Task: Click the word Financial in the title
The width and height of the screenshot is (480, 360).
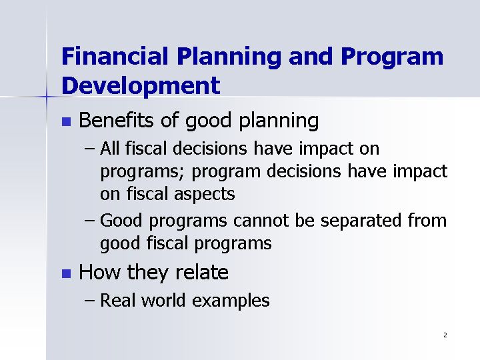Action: click(115, 56)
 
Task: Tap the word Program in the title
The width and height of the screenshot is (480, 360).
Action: click(392, 57)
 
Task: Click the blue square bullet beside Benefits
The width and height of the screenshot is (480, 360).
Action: click(67, 121)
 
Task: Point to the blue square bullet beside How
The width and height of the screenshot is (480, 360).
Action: click(67, 273)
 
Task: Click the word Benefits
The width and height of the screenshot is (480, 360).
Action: click(116, 120)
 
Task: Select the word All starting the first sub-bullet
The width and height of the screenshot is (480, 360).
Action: click(109, 148)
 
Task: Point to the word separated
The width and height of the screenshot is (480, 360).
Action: click(361, 221)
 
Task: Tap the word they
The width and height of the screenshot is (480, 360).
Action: click(147, 273)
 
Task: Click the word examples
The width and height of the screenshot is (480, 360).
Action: click(231, 301)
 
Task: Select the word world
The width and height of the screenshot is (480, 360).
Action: click(163, 300)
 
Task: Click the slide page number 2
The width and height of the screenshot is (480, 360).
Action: click(445, 335)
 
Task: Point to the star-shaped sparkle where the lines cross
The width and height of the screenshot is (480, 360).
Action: click(47, 97)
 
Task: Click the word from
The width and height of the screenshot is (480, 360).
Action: click(427, 221)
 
